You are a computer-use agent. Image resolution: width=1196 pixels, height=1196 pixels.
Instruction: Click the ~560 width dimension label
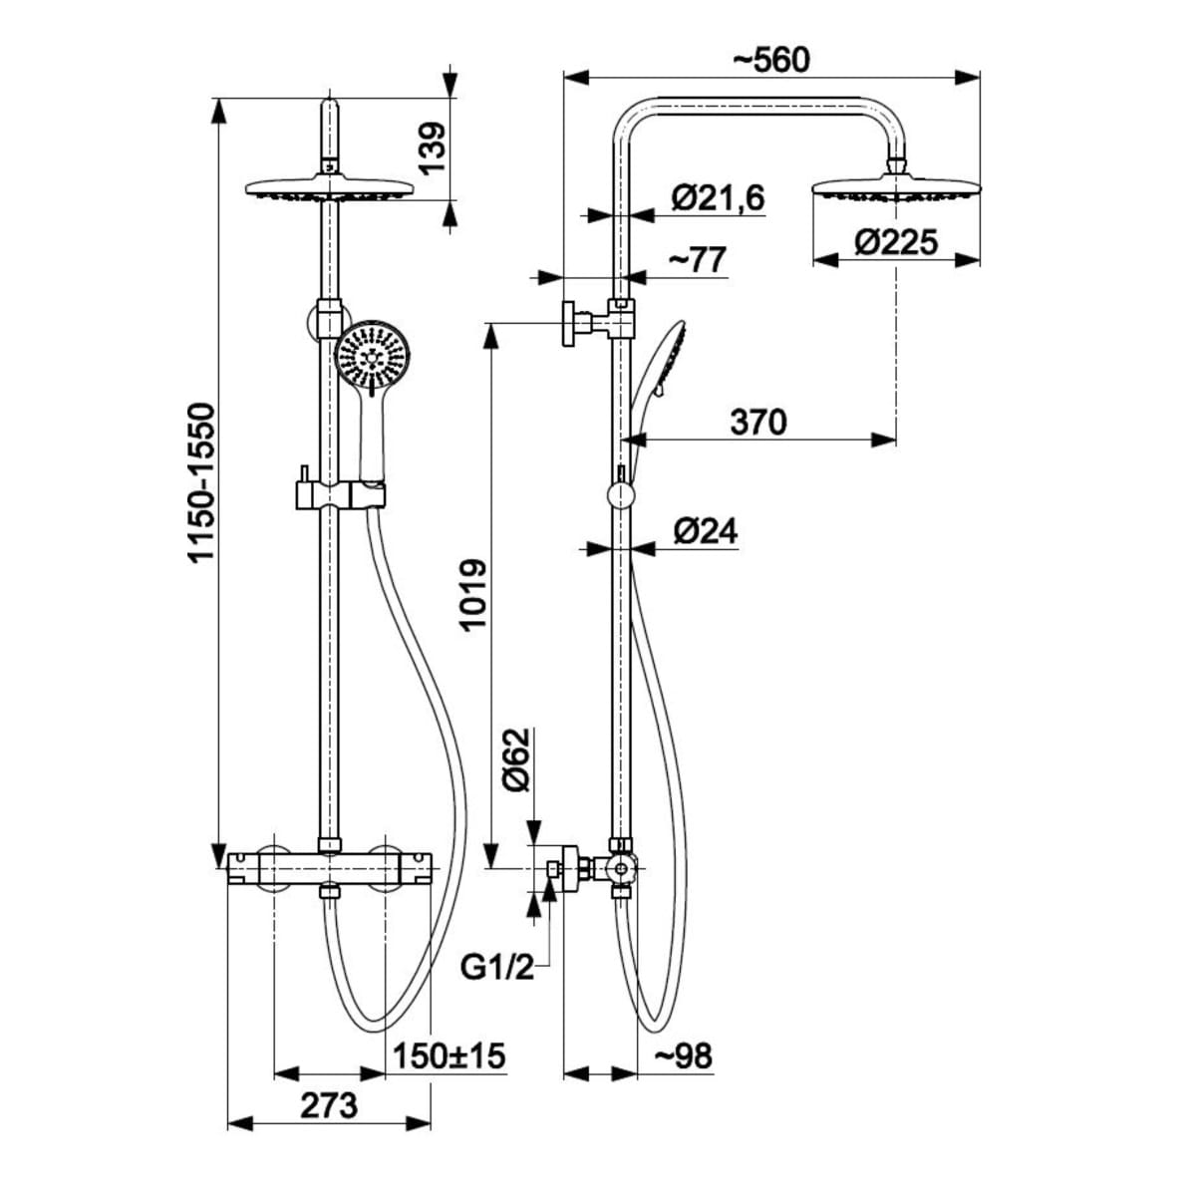(x=771, y=59)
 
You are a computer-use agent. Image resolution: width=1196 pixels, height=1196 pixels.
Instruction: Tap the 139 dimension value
(x=431, y=149)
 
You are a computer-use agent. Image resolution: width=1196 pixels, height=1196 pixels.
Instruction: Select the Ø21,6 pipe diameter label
(x=717, y=198)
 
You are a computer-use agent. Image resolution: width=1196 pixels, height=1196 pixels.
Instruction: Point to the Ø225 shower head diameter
(x=896, y=242)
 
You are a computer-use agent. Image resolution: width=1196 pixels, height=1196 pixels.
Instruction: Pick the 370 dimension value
(x=758, y=422)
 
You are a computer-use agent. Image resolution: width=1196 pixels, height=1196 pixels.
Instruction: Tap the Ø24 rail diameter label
(x=705, y=531)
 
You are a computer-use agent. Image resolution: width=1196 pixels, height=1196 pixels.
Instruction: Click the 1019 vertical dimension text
(x=472, y=593)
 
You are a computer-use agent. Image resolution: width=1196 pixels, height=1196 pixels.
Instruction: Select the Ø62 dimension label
(x=518, y=760)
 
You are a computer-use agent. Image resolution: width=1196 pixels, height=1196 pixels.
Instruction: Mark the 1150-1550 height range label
(x=203, y=482)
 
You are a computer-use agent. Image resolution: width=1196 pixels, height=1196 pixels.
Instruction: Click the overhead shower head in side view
(x=897, y=188)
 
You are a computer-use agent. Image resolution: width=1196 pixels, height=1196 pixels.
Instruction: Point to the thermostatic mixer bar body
(x=329, y=867)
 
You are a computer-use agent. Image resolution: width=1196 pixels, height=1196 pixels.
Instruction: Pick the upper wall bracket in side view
(x=595, y=323)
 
